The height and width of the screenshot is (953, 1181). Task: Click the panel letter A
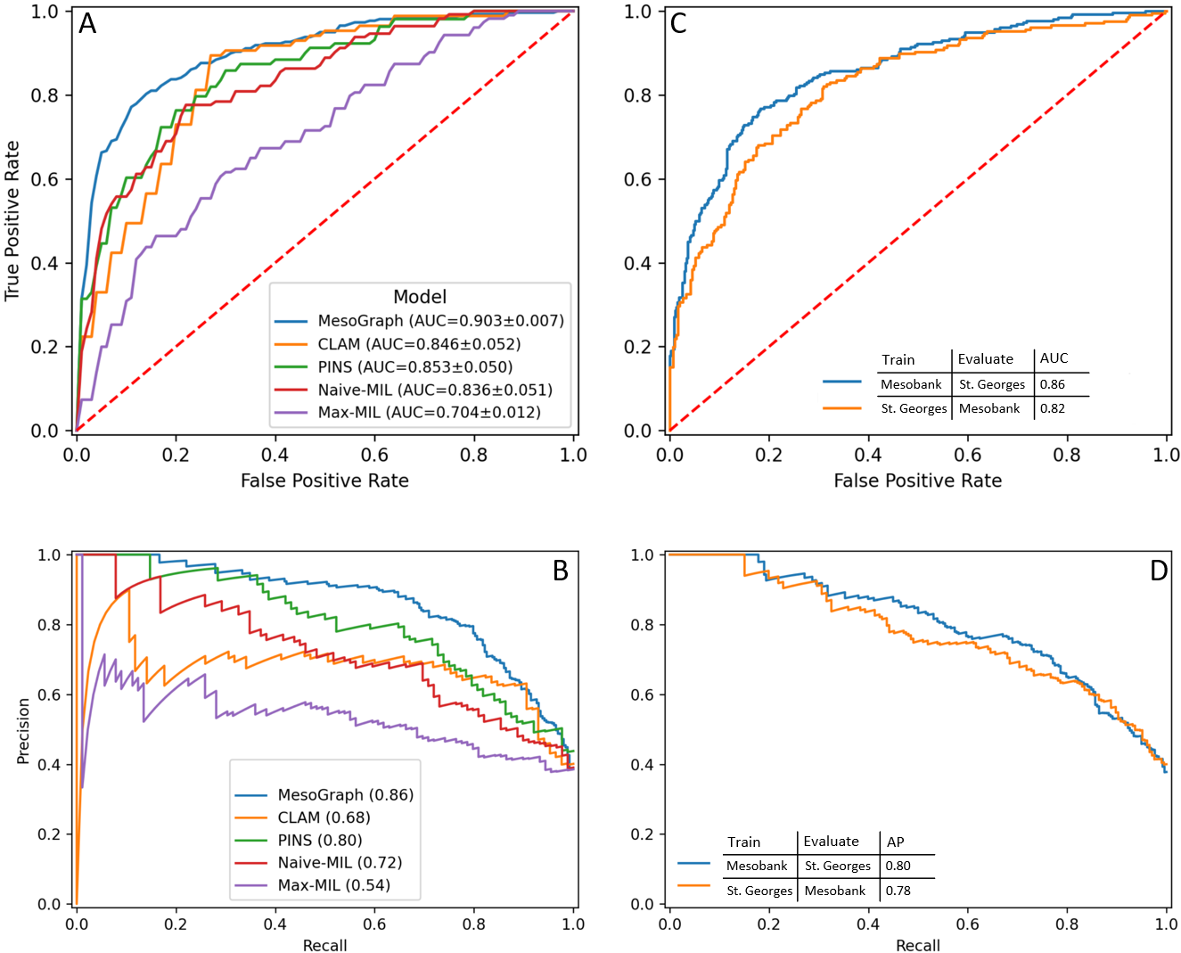tap(87, 23)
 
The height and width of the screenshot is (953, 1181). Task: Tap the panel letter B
tap(561, 571)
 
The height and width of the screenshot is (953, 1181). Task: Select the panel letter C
tap(678, 23)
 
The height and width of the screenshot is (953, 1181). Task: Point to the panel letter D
tap(1159, 571)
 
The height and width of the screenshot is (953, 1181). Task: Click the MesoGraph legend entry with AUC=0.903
tap(440, 321)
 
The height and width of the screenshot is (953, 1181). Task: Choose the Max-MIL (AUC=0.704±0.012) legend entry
tap(429, 413)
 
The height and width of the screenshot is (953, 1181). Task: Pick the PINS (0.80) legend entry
tap(320, 840)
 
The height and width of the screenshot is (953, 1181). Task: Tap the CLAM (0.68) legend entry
tap(324, 817)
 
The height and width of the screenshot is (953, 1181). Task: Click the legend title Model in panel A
tap(420, 297)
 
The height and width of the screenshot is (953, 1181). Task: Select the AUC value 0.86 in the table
tap(1053, 384)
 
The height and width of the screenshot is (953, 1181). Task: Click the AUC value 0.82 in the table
tap(1053, 408)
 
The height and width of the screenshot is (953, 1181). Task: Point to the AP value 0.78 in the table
tap(898, 891)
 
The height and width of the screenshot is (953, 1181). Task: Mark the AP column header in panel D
tap(896, 842)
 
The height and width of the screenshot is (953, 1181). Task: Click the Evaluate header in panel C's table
tap(986, 359)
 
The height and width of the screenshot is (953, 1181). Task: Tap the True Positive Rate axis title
tap(12, 220)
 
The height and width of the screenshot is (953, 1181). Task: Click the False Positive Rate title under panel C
tap(917, 481)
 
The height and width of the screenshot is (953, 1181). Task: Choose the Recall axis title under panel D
tap(917, 945)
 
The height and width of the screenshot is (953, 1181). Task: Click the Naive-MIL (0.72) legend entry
tap(340, 863)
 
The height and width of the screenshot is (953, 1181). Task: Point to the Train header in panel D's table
tap(744, 842)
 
